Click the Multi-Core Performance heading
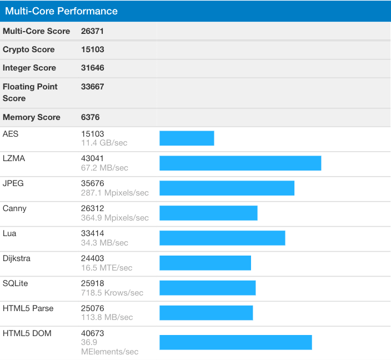click(x=61, y=11)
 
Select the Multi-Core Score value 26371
click(x=93, y=31)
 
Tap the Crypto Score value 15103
click(x=93, y=49)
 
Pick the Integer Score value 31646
click(x=93, y=68)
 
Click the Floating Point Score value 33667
click(x=93, y=87)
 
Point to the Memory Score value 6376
click(x=91, y=117)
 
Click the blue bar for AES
click(x=187, y=138)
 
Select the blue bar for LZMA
click(x=240, y=163)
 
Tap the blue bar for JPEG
click(x=227, y=188)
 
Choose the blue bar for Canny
click(x=208, y=213)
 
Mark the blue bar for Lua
click(x=222, y=238)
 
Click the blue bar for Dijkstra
click(x=205, y=263)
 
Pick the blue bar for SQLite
click(x=207, y=288)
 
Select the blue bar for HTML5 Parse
click(x=206, y=313)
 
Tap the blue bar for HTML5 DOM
click(x=235, y=342)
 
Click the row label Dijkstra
click(x=17, y=258)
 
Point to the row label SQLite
click(x=15, y=283)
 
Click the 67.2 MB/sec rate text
click(x=104, y=168)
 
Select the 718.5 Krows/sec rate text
click(x=112, y=293)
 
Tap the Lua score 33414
click(x=93, y=233)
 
